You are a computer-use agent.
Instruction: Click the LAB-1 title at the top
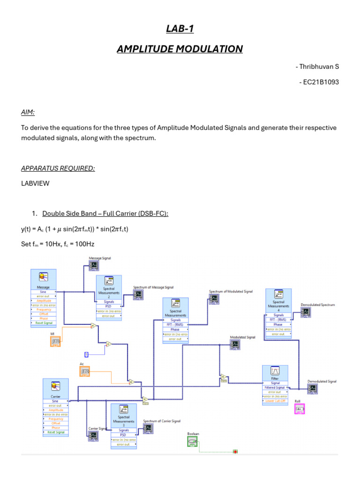180,29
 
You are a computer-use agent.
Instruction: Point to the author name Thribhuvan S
318,67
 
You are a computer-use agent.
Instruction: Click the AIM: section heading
28,112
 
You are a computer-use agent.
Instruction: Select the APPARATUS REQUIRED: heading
58,168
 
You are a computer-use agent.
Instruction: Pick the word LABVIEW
35,183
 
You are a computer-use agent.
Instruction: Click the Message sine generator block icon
43,277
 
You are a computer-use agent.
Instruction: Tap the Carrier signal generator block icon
55,386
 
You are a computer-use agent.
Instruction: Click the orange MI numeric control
55,342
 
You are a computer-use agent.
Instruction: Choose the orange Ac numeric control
85,372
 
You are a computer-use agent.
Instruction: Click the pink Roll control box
299,409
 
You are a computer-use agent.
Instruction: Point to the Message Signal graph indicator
94,265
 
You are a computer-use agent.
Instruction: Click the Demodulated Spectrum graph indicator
306,312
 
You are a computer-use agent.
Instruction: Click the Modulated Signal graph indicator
235,345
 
